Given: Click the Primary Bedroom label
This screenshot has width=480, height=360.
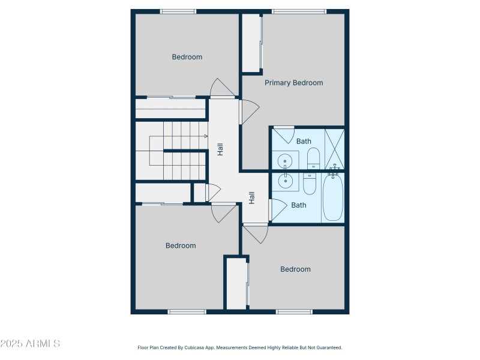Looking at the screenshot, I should [x=294, y=83].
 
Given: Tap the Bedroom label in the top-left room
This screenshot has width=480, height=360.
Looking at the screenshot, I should [x=187, y=57].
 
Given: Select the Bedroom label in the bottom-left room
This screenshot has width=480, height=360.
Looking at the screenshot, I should [x=181, y=245].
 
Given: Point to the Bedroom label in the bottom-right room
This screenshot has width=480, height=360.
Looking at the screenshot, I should [x=296, y=269].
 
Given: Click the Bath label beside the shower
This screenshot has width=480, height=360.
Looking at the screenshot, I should [x=304, y=142].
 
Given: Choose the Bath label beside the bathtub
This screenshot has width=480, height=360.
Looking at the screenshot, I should [x=299, y=205].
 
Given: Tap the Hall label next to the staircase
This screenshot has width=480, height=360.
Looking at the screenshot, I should [x=220, y=149].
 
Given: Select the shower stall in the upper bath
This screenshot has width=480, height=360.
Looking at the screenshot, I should [x=334, y=148].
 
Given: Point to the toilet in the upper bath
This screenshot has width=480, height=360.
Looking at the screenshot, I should [x=314, y=158].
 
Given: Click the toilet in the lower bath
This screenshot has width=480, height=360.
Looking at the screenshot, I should [x=310, y=184].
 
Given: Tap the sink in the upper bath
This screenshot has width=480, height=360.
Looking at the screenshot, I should [x=284, y=161].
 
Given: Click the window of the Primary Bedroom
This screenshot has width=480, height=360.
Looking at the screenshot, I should [x=299, y=11].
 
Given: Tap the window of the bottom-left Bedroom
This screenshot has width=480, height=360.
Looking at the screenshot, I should [x=187, y=312].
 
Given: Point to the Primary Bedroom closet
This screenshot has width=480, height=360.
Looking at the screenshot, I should [x=251, y=43].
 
